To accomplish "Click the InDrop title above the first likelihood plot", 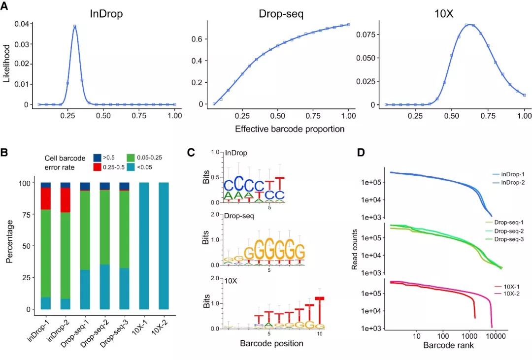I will pos(106,14).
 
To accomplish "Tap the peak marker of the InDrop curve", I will pos(75,27).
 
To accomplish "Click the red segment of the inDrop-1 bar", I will pos(46,198).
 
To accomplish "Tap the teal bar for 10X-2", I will pos(164,246).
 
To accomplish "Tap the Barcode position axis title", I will pos(271,343).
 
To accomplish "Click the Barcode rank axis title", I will pos(448,345).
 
